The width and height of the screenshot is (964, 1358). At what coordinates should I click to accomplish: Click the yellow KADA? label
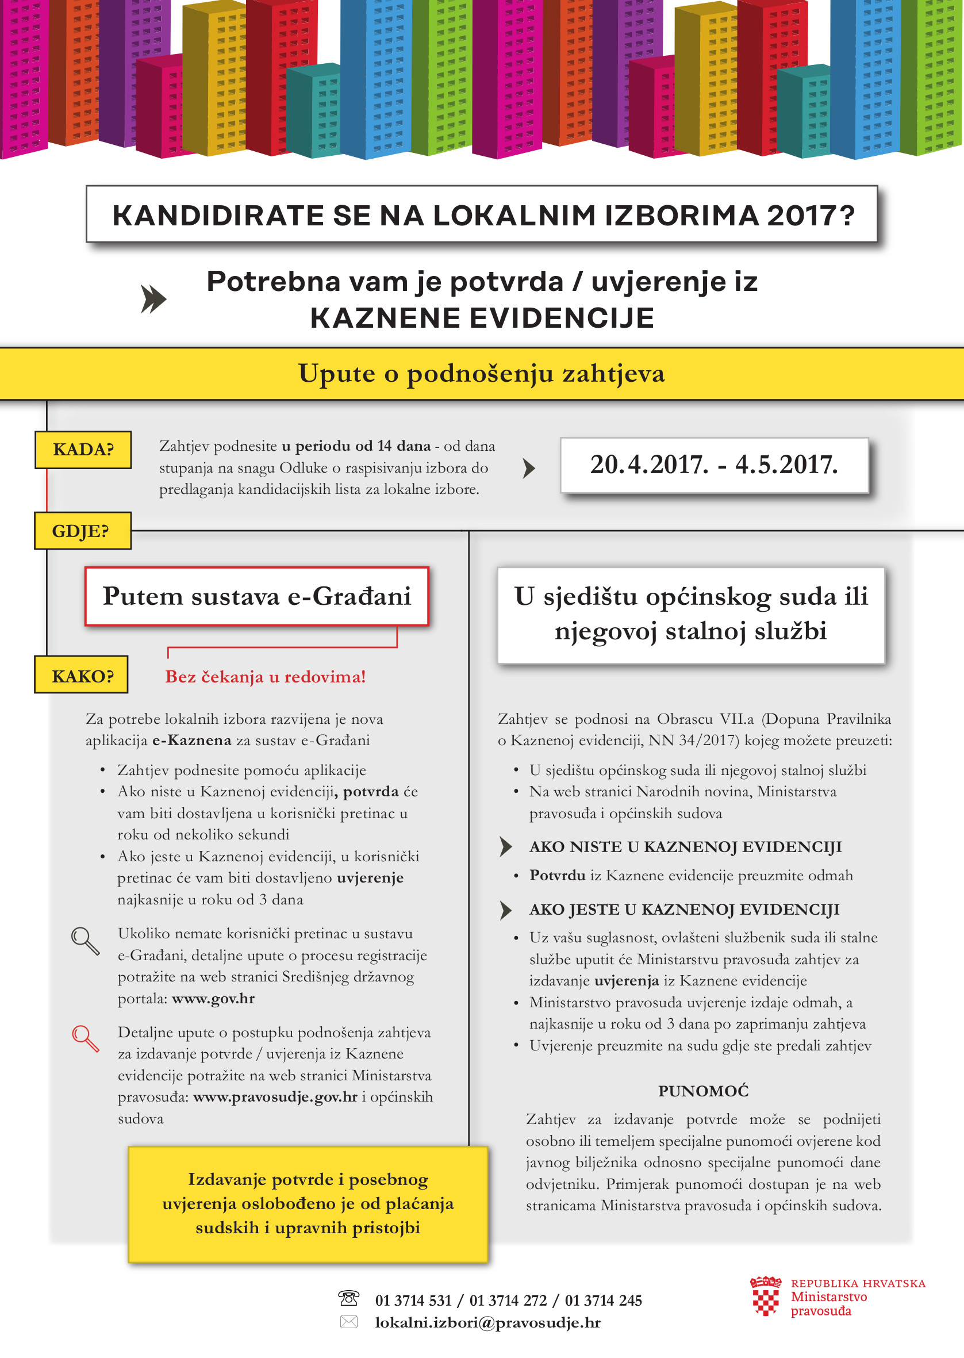[x=83, y=449]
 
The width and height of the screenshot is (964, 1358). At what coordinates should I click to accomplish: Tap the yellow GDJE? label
[x=82, y=531]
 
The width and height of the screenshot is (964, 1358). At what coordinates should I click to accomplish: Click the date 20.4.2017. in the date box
[x=649, y=465]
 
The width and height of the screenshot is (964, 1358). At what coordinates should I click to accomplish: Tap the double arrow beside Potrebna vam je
[x=153, y=298]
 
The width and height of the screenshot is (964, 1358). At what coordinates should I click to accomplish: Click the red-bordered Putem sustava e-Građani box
[x=256, y=596]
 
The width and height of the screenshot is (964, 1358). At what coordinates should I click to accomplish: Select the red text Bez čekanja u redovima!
[x=265, y=677]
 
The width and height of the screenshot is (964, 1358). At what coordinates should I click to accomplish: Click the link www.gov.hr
[x=213, y=998]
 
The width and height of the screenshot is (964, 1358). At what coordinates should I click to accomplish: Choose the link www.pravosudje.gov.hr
[x=275, y=1096]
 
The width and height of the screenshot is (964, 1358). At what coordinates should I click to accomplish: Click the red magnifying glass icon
[x=86, y=1039]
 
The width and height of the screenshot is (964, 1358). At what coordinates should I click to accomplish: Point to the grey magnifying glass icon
[x=86, y=941]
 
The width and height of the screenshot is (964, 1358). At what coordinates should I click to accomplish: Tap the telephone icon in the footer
[x=348, y=1299]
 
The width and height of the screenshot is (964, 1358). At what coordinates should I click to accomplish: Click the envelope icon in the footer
[x=348, y=1322]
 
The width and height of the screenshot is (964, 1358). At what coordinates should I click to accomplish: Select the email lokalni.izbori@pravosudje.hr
[x=487, y=1322]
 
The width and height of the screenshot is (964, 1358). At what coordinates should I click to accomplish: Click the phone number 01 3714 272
[x=508, y=1301]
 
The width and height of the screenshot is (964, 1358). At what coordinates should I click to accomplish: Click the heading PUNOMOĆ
[x=704, y=1091]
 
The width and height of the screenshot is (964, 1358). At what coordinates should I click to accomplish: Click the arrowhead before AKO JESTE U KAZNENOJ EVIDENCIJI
[x=505, y=910]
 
